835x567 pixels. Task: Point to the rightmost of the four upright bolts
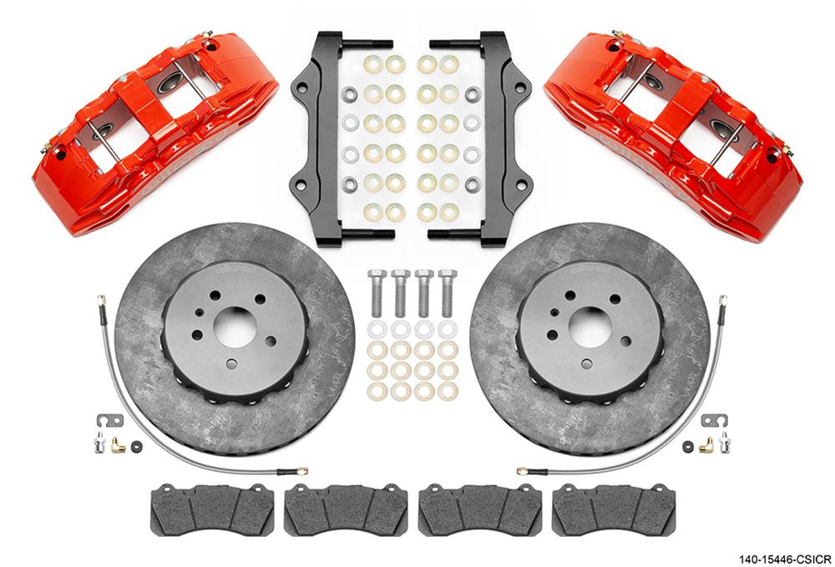pos(448,291)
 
